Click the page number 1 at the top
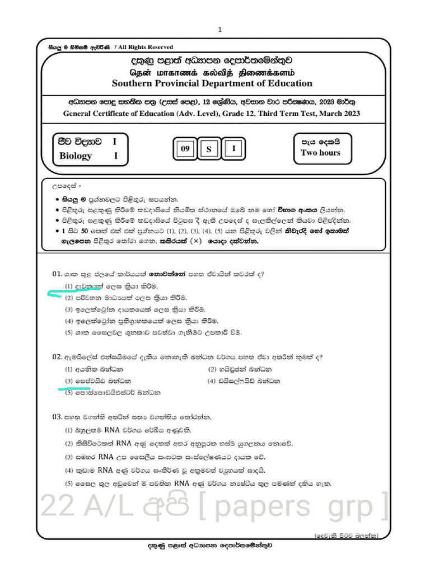pos(220,30)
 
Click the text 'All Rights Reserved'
pos(146,48)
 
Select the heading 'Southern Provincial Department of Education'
pos(212,83)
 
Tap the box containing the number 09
pos(185,149)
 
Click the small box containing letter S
pos(209,149)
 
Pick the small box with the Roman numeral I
pos(234,148)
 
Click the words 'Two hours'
pos(320,153)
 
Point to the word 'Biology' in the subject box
pos(76,156)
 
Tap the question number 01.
pos(56,274)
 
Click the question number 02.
pos(56,356)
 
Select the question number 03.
pos(56,417)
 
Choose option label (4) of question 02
pos(211,381)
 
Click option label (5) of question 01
pos(68,332)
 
